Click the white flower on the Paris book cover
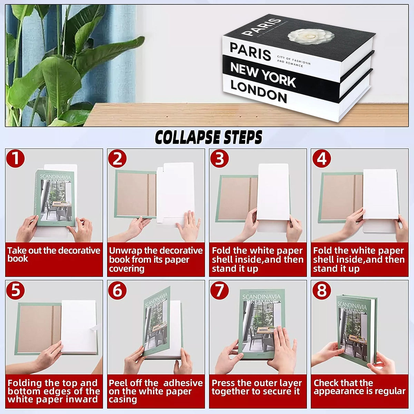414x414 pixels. (311, 36)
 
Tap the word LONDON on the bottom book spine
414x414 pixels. (258, 91)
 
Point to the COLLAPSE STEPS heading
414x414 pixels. (208, 137)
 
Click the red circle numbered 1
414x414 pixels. (15, 159)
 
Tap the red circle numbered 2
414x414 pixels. (117, 159)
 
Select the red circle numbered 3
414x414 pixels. (219, 159)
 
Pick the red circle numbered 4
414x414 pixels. (322, 159)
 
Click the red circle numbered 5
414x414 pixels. (15, 290)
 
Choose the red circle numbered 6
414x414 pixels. (117, 290)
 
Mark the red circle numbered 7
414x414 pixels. (219, 290)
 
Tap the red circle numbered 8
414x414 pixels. (322, 290)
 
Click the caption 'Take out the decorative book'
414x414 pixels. (53, 255)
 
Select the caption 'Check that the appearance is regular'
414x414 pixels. (359, 387)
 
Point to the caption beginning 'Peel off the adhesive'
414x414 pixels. (155, 391)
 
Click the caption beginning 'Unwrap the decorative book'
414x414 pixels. (155, 259)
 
